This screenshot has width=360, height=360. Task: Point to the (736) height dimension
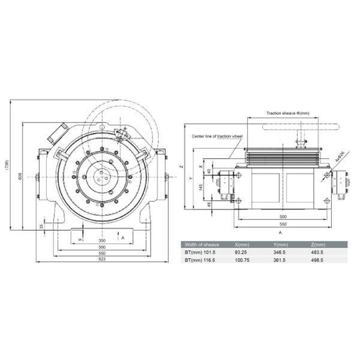point(6,165)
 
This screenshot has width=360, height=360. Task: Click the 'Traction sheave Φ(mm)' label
point(288,112)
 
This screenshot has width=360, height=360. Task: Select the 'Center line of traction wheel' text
point(217,137)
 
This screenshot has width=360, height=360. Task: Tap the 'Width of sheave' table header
point(202,245)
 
